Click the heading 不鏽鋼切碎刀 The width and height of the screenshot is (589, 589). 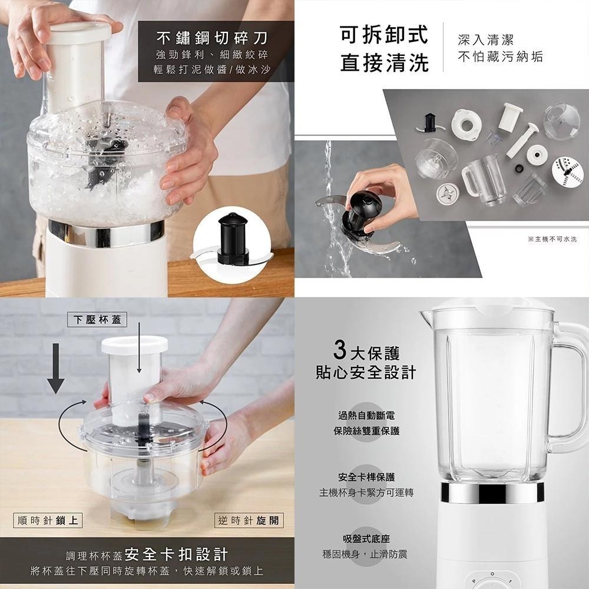click(211, 38)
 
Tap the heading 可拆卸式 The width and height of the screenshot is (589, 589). click(383, 35)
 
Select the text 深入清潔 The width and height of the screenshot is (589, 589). click(486, 39)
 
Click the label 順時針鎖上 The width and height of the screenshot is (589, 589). click(48, 520)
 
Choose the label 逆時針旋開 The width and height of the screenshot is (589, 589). click(250, 520)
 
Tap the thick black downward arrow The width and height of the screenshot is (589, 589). click(56, 368)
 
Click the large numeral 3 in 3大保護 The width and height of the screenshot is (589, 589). click(339, 351)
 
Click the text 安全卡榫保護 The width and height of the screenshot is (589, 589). click(366, 477)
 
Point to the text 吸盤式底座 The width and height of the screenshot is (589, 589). click(366, 539)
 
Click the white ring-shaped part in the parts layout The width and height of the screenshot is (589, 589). click(466, 124)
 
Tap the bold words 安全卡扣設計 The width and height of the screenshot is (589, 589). click(177, 554)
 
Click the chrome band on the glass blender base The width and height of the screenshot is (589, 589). click(492, 492)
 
